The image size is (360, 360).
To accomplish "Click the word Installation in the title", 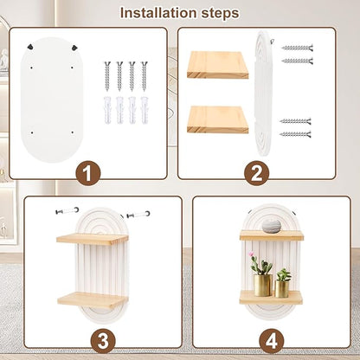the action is (159, 13).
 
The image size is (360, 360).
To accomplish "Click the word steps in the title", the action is (220, 14).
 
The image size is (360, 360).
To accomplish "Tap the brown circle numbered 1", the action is (88, 174).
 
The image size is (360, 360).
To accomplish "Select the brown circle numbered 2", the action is (257, 174).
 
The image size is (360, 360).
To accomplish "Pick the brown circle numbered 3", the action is (103, 341).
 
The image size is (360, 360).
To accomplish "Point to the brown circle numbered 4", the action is (272, 341).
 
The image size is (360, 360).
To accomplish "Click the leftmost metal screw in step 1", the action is (107, 75).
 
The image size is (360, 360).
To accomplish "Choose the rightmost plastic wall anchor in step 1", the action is (144, 110).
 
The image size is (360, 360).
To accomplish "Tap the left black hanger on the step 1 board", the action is (30, 46).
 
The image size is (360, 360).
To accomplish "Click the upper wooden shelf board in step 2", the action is (217, 65).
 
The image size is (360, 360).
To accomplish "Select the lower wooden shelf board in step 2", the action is (217, 119).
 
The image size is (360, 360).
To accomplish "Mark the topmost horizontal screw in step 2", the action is (298, 48).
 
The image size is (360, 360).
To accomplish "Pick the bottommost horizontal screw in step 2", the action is (296, 134).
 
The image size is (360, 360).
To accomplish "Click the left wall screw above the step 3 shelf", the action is (67, 210).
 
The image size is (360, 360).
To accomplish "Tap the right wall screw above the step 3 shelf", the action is (138, 215).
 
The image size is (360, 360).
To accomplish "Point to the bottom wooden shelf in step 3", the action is (93, 300).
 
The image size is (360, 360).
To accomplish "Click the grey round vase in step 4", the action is (272, 226).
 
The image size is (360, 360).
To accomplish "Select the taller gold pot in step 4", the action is (263, 285).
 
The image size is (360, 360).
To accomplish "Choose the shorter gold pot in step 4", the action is (281, 289).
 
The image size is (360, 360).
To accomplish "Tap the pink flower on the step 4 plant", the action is (252, 254).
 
